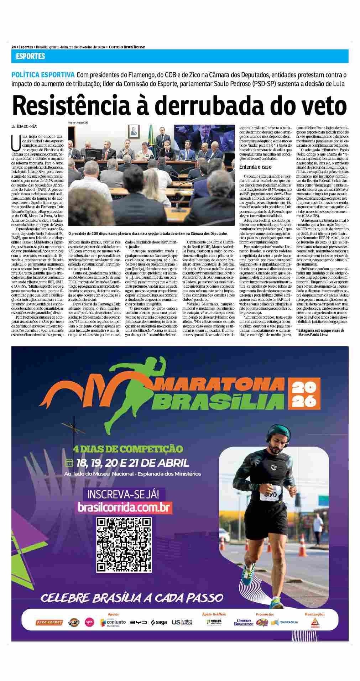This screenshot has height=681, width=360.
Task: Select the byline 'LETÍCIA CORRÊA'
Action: (24, 126)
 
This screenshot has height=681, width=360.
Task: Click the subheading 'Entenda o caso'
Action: (255, 167)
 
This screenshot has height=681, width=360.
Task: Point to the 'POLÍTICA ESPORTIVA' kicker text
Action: (43, 75)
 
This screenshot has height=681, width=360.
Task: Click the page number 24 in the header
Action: (14, 47)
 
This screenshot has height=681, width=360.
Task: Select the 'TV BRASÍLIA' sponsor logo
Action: (285, 622)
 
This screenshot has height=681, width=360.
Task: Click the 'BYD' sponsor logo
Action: (138, 622)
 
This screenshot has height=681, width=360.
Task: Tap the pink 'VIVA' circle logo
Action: (89, 622)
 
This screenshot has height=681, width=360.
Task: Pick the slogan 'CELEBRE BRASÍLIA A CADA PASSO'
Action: (132, 598)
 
